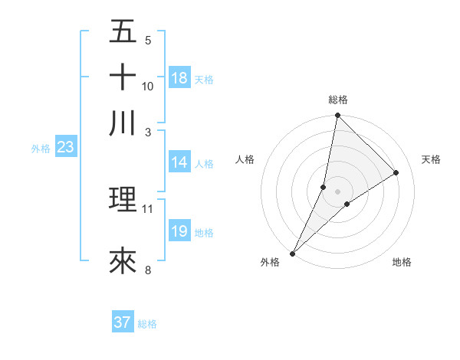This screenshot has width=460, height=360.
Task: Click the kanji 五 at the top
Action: tap(123, 32)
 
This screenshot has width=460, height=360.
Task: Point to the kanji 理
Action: tap(123, 201)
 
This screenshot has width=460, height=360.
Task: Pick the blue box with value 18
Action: tap(179, 78)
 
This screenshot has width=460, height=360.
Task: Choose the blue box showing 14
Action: tap(179, 162)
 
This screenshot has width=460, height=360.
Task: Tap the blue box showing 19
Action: tap(179, 231)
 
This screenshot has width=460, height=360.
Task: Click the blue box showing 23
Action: tap(65, 148)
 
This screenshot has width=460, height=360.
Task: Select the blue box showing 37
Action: tap(123, 322)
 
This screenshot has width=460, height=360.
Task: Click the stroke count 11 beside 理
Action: tap(148, 208)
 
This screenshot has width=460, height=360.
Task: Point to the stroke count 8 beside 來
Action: tap(148, 270)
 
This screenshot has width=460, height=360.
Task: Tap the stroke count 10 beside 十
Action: tap(148, 86)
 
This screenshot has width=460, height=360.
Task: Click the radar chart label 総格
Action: tap(337, 100)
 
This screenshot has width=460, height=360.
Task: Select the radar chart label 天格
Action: tap(432, 159)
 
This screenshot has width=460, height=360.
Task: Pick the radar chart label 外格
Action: tap(270, 262)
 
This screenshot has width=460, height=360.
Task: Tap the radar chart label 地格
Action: tap(402, 262)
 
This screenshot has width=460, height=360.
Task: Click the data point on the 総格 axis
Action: tap(337, 116)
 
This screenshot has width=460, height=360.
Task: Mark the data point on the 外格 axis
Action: tap(293, 253)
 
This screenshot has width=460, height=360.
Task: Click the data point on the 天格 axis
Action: tap(396, 172)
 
